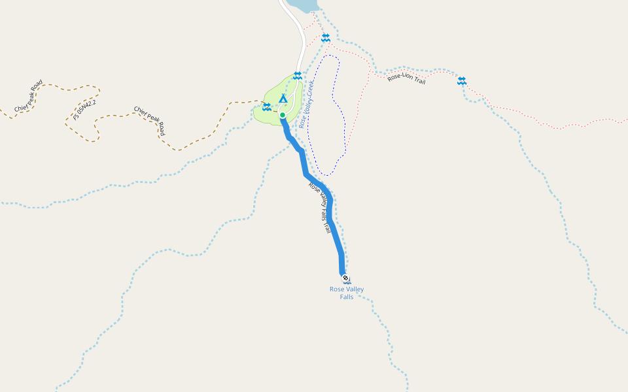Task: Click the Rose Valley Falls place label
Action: [x=347, y=293]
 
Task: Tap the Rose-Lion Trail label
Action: [x=406, y=79]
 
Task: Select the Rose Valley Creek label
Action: [x=307, y=105]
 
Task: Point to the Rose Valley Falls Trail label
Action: [x=321, y=208]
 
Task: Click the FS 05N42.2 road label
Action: [x=85, y=110]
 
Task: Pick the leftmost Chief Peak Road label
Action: [x=29, y=95]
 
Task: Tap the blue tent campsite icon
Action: [x=283, y=99]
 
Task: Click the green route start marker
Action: [x=283, y=115]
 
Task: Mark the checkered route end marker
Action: [x=345, y=278]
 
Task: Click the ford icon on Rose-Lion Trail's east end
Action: [x=462, y=80]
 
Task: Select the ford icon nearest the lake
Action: [x=326, y=38]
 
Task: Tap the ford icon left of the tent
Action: [x=267, y=106]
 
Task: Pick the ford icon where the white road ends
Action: [x=298, y=75]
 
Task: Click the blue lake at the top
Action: [x=304, y=5]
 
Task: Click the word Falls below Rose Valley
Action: [x=347, y=297]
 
